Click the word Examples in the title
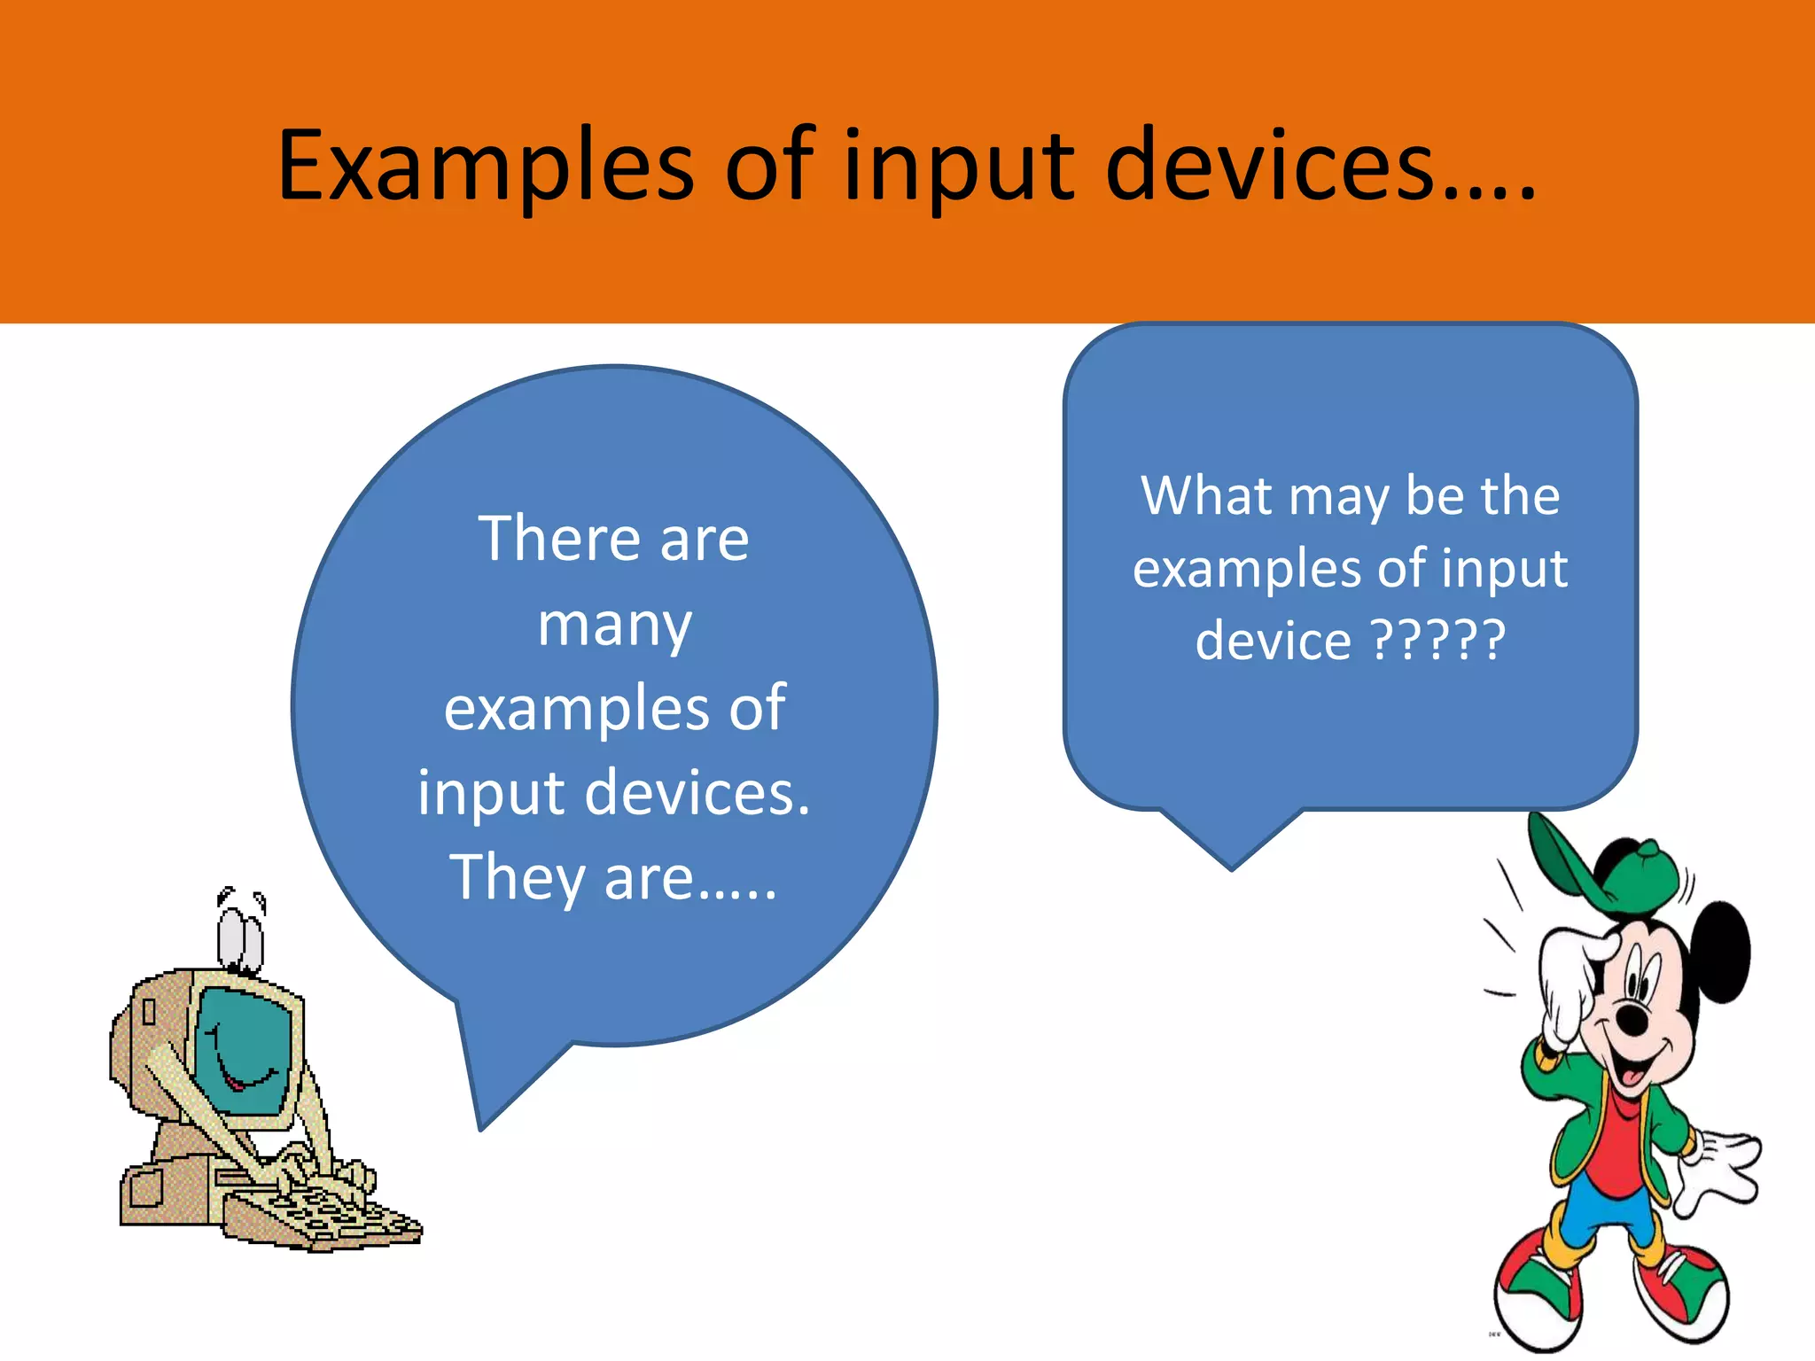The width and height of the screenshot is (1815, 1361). (x=486, y=167)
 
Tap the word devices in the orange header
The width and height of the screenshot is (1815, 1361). (x=1269, y=167)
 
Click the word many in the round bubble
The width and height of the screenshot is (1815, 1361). (x=614, y=626)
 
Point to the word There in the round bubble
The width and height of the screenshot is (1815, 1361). (x=547, y=539)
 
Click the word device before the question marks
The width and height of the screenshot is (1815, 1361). (x=1273, y=640)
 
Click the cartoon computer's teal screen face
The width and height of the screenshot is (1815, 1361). (x=243, y=1050)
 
